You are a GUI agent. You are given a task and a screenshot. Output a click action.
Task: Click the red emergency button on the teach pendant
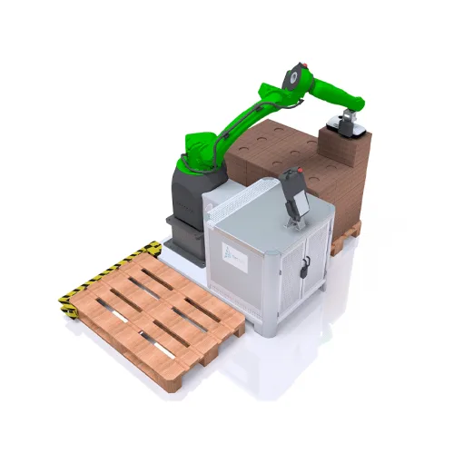click(291, 172)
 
